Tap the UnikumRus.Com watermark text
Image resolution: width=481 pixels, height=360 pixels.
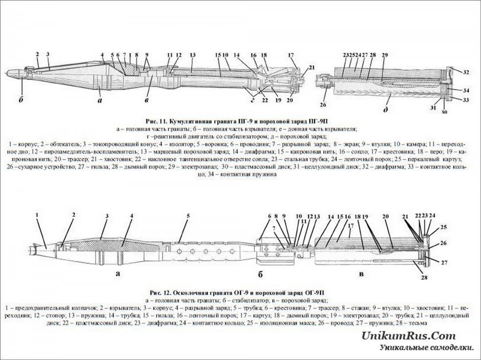pos(409,336)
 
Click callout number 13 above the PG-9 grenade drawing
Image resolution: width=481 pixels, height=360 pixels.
pos(193,55)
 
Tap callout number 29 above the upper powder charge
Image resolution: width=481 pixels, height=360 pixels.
pos(385,55)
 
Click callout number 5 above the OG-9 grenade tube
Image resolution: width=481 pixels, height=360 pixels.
pos(188,216)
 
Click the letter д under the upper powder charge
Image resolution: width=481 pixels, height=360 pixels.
pos(385,109)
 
